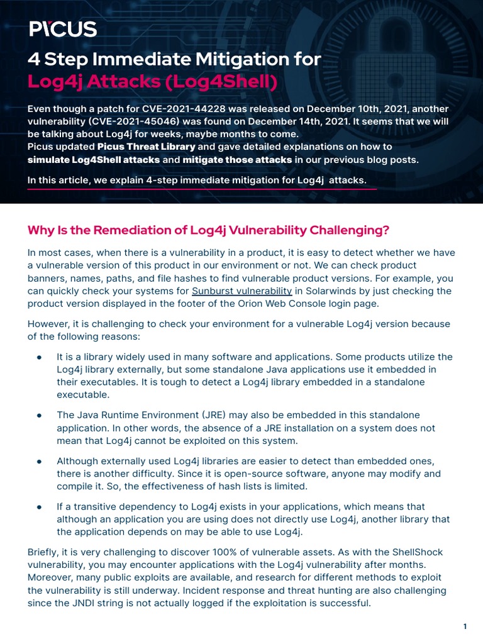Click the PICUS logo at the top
[62, 29]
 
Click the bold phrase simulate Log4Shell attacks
[94, 160]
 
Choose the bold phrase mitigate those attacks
[237, 160]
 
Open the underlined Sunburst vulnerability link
[241, 291]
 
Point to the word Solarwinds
[330, 291]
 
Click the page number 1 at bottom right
[465, 626]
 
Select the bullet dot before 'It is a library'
[39, 357]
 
